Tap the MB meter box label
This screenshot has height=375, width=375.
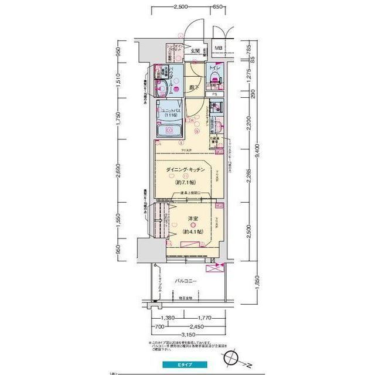(x=217, y=49)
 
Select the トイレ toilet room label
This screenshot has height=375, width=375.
(x=215, y=68)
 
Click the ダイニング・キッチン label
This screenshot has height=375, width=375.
(x=185, y=169)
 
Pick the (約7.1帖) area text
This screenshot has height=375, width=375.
(x=185, y=182)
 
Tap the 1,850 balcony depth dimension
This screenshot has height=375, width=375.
(x=257, y=284)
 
